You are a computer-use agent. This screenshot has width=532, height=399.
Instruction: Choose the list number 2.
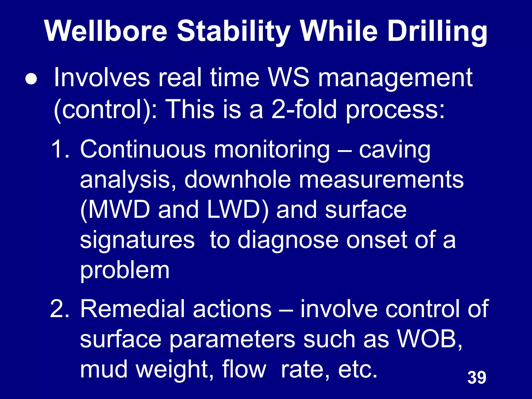[59, 309]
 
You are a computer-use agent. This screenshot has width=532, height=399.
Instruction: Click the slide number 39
[477, 378]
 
